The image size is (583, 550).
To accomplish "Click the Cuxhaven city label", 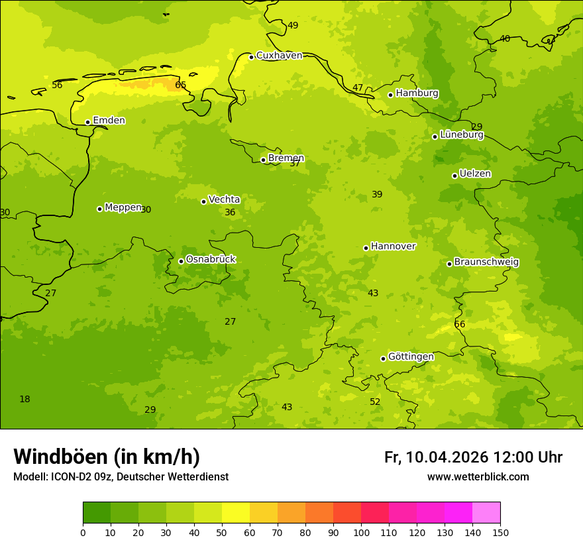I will [x=279, y=56].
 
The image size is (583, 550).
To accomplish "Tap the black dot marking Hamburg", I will [x=391, y=95].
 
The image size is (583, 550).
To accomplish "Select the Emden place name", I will [x=109, y=121].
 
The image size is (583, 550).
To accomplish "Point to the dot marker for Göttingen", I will [x=383, y=358].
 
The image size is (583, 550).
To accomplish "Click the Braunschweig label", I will [x=486, y=262].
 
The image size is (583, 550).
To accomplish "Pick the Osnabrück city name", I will [x=211, y=259].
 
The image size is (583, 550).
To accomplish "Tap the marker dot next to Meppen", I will [x=99, y=209].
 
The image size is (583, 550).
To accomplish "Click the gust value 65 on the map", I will [x=181, y=85].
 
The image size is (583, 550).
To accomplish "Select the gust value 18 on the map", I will [x=25, y=399].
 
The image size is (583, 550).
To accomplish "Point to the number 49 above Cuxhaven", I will [x=293, y=26].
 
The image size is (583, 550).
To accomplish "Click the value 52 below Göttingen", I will [x=375, y=402].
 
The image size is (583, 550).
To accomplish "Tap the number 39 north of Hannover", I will [x=377, y=194].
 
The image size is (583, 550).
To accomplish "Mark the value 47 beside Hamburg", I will [x=358, y=87].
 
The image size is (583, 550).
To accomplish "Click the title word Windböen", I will [x=60, y=457].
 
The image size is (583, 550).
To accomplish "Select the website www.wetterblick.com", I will [x=478, y=476].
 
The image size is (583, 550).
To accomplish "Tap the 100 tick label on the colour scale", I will [x=361, y=532].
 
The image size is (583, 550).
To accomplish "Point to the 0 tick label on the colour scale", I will [x=83, y=532].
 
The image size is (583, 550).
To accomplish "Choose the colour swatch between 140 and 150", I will [x=486, y=513].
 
